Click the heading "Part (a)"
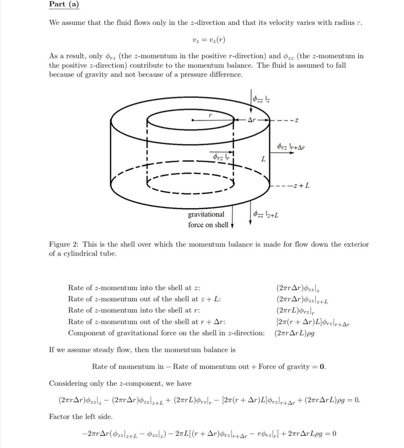64,5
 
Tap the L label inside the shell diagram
263,159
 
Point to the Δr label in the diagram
252,120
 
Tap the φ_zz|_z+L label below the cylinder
266,214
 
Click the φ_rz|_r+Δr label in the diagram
291,146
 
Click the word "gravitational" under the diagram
206,214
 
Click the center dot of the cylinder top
193,120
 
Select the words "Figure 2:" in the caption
65,244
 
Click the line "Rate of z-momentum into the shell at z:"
134,288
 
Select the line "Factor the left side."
81,416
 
